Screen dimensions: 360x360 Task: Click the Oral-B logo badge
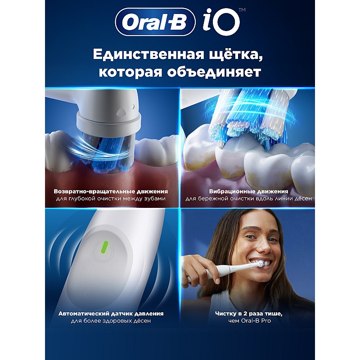pyautogui.click(x=155, y=22)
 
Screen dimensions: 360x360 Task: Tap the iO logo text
pyautogui.click(x=221, y=22)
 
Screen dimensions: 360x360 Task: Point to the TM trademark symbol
pyautogui.click(x=242, y=10)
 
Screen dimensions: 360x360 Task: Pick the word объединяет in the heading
pyautogui.click(x=214, y=72)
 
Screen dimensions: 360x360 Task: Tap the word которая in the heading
pyautogui.click(x=130, y=72)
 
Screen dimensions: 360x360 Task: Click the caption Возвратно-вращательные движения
pyautogui.click(x=111, y=192)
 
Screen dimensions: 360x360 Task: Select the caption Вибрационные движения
pyautogui.click(x=249, y=192)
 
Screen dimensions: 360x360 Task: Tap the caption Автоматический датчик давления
pyautogui.click(x=111, y=314)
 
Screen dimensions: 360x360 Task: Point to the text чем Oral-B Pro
pyautogui.click(x=250, y=321)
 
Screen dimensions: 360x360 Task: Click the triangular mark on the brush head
pyautogui.click(x=121, y=112)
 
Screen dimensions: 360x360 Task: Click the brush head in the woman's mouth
pyautogui.click(x=261, y=264)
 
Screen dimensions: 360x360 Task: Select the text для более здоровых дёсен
pyautogui.click(x=111, y=321)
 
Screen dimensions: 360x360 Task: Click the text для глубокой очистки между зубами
pyautogui.click(x=111, y=198)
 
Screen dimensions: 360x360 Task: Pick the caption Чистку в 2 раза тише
pyautogui.click(x=249, y=314)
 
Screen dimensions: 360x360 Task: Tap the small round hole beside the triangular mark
pyautogui.click(x=133, y=106)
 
